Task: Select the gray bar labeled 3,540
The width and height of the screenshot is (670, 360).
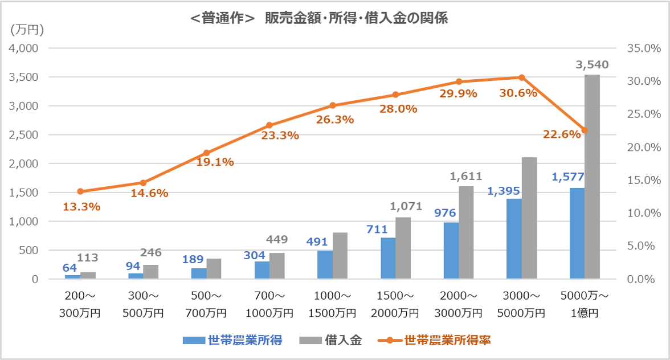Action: [x=592, y=177]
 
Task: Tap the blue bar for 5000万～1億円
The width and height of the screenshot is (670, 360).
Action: [x=577, y=234]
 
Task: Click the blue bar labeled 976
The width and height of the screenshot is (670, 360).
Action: [x=451, y=251]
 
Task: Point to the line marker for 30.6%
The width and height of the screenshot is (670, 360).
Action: [x=521, y=77]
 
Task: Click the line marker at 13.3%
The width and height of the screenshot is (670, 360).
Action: [x=80, y=191]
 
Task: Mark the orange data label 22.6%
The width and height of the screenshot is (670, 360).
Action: [x=562, y=134]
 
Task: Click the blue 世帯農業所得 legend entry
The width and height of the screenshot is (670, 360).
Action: [x=233, y=341]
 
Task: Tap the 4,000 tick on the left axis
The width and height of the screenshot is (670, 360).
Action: [x=23, y=48]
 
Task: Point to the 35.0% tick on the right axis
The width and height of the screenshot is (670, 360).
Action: [x=639, y=48]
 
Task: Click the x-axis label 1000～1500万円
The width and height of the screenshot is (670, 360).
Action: [x=333, y=305]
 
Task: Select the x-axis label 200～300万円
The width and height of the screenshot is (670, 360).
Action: [x=80, y=305]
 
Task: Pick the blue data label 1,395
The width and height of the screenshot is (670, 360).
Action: [x=503, y=191]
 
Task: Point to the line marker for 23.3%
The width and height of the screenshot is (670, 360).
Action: [x=269, y=125]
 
